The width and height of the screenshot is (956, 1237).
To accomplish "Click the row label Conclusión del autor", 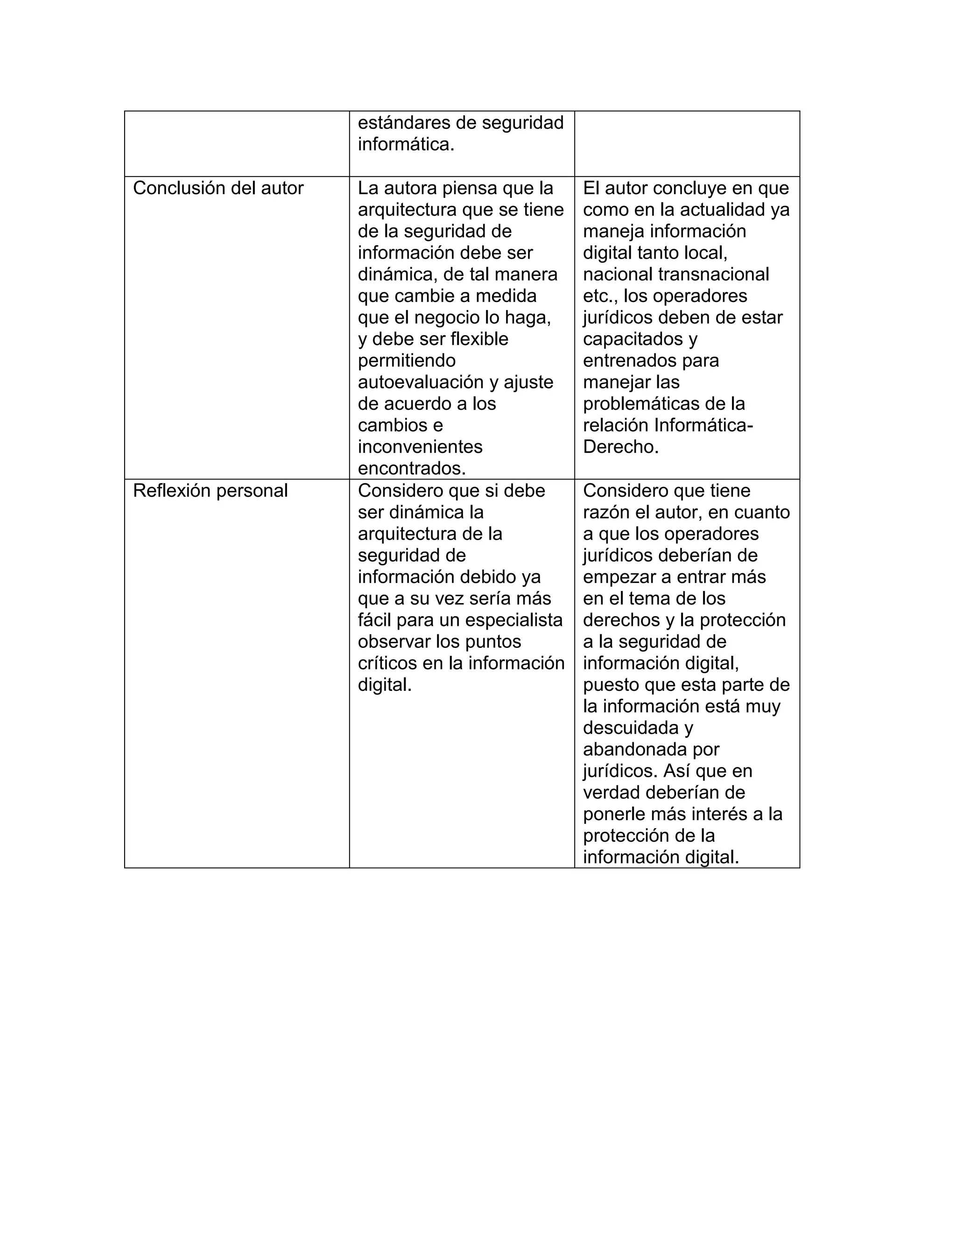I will tap(218, 188).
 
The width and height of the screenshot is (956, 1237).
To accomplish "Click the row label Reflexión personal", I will tap(210, 491).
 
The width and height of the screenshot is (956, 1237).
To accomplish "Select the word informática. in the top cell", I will tap(406, 144).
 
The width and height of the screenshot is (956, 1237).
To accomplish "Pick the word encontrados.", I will tap(412, 468).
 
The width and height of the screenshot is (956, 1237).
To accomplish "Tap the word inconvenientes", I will tap(420, 447).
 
